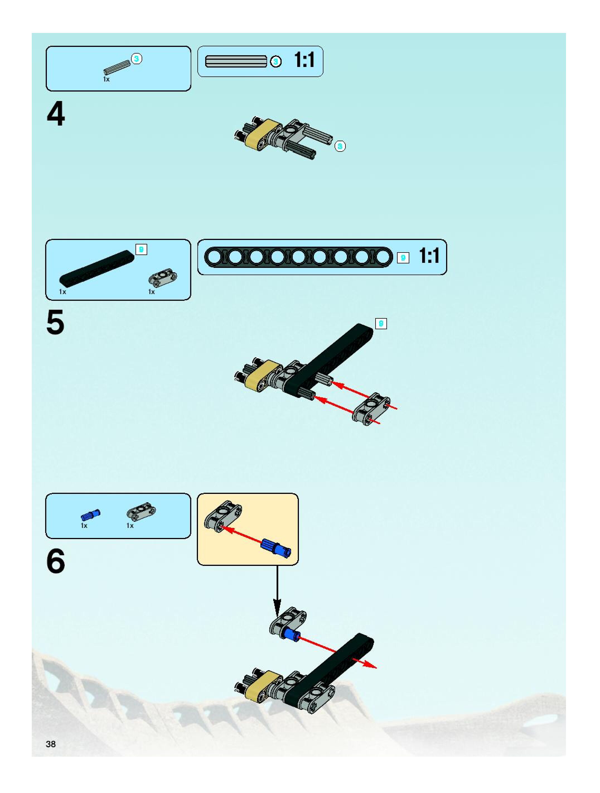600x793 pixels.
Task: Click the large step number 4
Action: [56, 113]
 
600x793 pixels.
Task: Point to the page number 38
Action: [51, 744]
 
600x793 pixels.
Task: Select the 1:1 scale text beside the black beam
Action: [429, 256]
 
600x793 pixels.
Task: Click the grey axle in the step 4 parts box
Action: [117, 68]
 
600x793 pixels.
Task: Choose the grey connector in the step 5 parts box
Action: [163, 278]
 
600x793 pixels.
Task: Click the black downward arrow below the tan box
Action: [277, 592]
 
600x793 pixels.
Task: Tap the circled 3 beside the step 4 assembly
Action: [340, 146]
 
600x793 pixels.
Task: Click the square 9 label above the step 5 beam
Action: [381, 324]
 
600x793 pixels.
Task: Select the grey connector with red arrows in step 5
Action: [371, 409]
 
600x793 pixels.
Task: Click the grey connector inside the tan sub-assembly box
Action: [223, 516]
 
